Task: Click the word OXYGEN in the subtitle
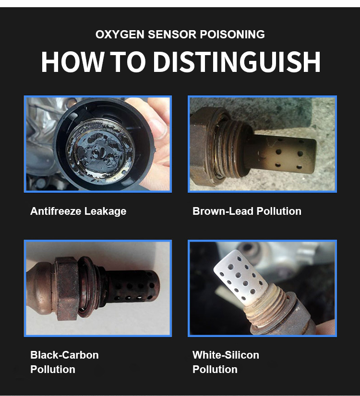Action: (x=120, y=35)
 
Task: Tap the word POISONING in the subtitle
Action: (x=232, y=35)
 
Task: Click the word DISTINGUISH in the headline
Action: (x=237, y=62)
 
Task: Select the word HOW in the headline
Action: (x=72, y=62)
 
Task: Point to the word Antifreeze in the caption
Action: (x=56, y=211)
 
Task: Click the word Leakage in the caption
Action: (x=105, y=211)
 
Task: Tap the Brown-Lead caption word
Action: (x=223, y=211)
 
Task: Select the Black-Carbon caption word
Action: (x=64, y=355)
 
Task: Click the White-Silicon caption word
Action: (x=226, y=355)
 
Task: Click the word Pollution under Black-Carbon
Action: (x=53, y=369)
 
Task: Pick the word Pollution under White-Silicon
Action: (x=215, y=369)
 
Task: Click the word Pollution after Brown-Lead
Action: (x=279, y=211)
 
